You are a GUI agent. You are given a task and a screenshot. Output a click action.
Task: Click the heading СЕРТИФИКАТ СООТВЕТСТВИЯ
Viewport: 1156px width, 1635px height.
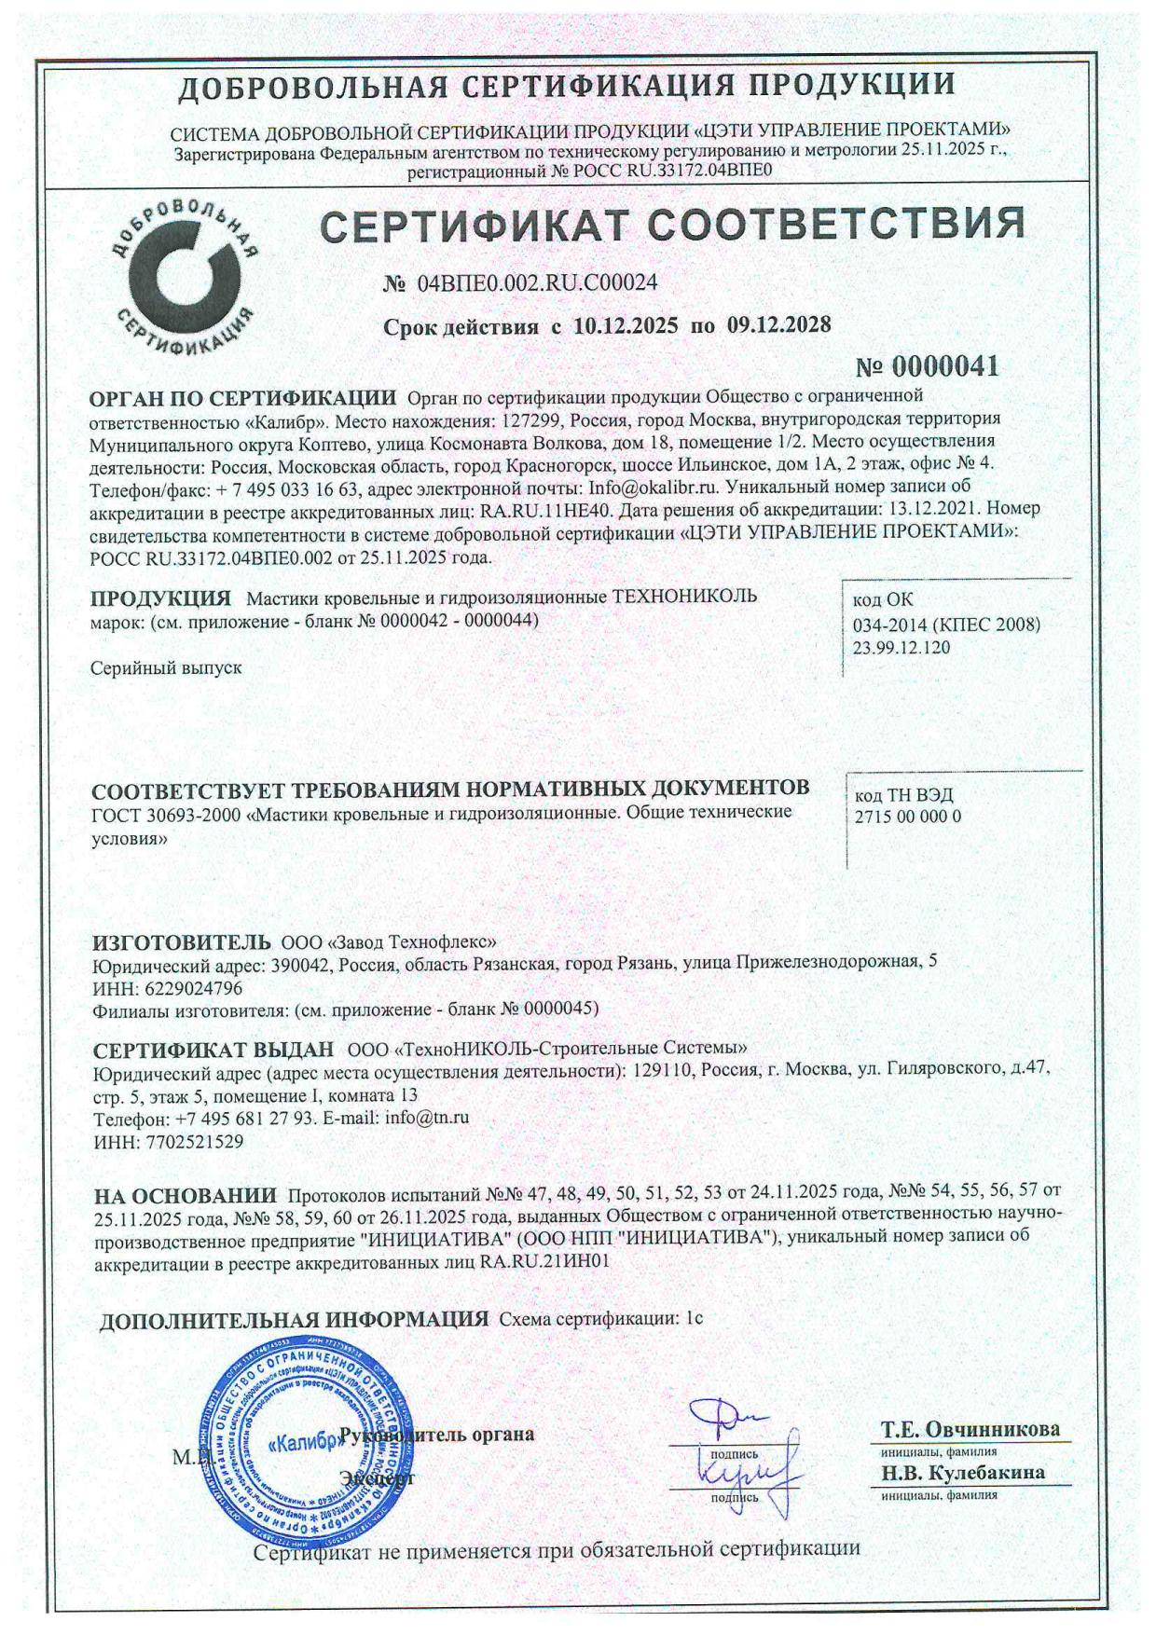coord(672,225)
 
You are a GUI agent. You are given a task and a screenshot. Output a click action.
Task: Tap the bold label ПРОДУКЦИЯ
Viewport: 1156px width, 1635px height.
coord(160,598)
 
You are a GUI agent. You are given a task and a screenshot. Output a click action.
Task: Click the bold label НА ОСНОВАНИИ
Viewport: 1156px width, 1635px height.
coord(186,1195)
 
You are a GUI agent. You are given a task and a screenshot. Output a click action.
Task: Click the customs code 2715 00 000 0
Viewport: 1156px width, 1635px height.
coord(908,817)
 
